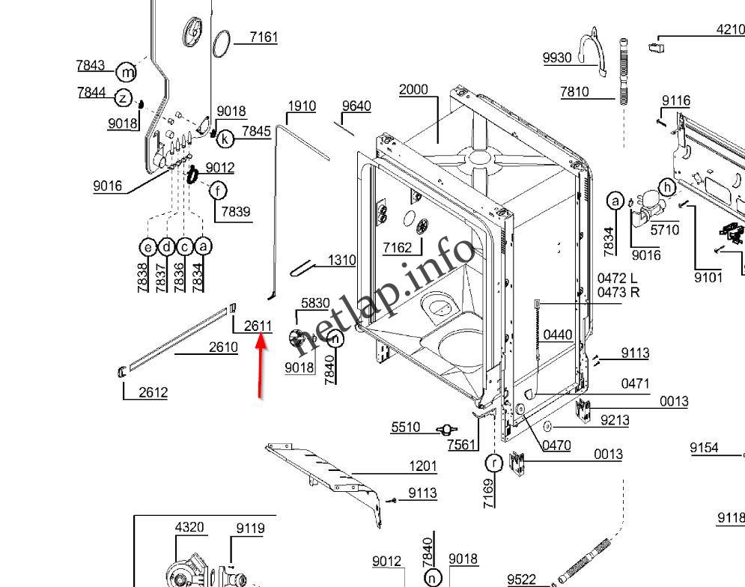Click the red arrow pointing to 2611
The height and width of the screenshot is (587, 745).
pos(261,367)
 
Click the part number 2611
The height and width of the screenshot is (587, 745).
pos(258,326)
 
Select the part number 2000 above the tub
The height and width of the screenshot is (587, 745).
pos(413,90)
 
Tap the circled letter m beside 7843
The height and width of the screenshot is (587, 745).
pos(128,73)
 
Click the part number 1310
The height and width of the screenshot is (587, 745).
pos(341,261)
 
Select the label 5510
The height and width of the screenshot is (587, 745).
pos(405,428)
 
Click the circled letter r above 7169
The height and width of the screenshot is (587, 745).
pos(493,462)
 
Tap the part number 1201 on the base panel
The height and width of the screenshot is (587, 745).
pos(422,466)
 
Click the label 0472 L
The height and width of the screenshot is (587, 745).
pos(617,279)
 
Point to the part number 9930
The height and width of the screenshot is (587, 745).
pos(557,58)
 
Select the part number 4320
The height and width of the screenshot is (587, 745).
pos(189,527)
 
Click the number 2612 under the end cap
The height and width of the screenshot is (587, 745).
pos(153,392)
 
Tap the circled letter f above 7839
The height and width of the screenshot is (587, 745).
pos(217,190)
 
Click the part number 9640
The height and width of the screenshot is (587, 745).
pos(356,106)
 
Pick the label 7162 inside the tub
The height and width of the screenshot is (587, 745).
pos(397,247)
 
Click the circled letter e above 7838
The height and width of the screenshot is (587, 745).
pos(148,246)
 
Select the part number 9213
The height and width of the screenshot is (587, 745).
pos(615,421)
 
